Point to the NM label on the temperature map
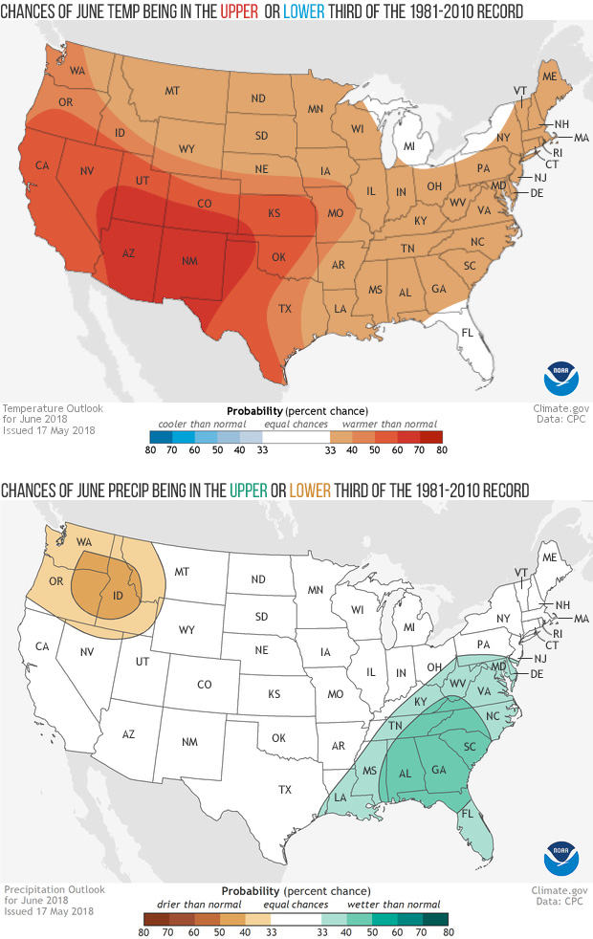(189, 262)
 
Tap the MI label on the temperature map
(407, 146)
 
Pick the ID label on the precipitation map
(121, 598)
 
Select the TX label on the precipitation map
(285, 790)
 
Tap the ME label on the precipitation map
(550, 557)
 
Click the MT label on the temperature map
(172, 91)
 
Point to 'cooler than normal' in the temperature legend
(202, 424)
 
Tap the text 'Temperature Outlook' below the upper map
(52, 409)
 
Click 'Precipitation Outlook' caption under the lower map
(54, 889)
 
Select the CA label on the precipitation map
(42, 647)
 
